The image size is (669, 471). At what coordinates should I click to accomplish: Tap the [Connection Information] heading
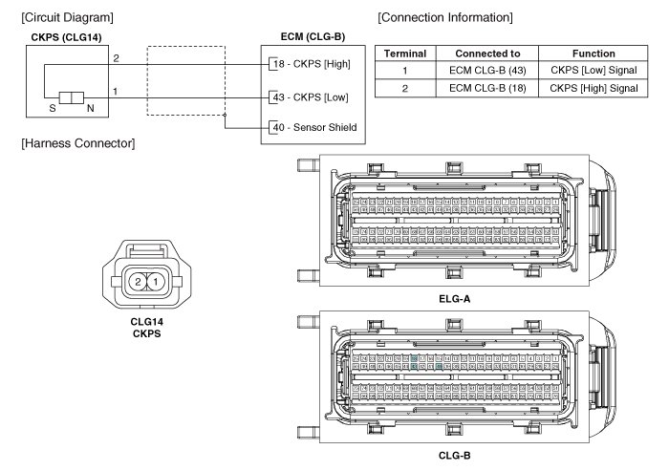pos(445,17)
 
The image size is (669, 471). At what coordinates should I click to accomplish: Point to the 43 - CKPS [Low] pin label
pos(310,96)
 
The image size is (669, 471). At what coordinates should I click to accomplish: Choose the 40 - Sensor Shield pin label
pos(313,127)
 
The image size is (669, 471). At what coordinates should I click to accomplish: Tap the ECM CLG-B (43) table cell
pos(492,72)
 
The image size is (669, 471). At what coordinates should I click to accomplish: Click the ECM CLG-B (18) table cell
pos(492,89)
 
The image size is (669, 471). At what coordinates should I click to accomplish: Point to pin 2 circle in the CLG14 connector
pos(139,282)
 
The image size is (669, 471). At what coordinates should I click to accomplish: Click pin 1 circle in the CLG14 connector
pos(155,282)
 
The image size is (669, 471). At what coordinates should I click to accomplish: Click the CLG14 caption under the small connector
pos(146,323)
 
